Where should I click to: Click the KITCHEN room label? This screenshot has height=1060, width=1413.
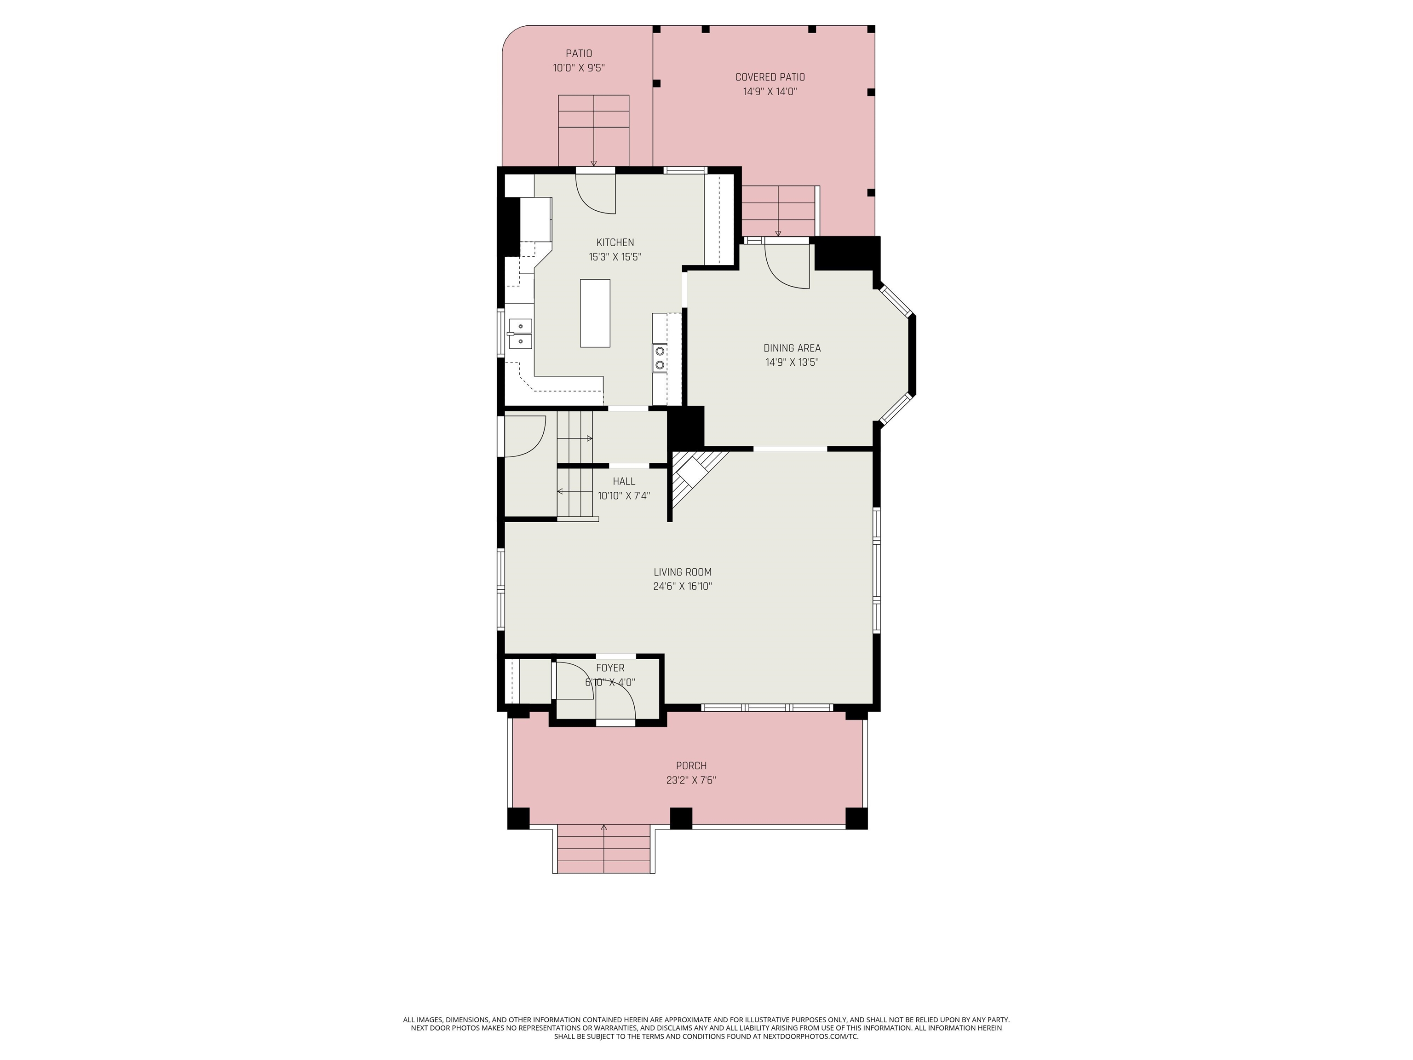coord(615,243)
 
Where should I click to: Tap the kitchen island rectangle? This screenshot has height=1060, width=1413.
coord(595,313)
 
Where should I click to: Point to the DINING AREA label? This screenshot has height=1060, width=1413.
coord(792,348)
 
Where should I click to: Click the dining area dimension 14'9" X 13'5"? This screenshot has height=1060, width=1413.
coord(792,362)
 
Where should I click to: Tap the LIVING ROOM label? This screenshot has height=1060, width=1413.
coord(682,572)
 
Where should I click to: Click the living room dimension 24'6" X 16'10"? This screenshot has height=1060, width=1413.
coord(682,587)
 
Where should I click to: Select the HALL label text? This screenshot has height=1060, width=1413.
coord(624,482)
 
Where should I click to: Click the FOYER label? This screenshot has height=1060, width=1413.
coord(610,668)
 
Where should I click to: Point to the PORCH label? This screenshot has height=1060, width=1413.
coord(691,766)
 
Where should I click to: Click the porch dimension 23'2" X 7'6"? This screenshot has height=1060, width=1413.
coord(691,780)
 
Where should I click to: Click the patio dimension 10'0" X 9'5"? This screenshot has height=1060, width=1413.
coord(579,68)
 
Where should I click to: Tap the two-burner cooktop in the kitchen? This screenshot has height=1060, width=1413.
coord(659,358)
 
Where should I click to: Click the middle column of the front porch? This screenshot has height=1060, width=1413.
coord(681,818)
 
